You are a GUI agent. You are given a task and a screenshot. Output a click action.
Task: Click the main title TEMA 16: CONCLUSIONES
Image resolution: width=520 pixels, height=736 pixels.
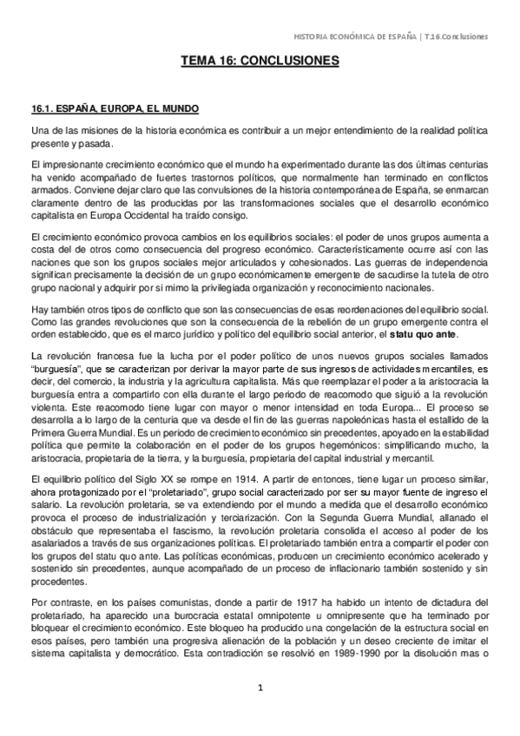click(x=260, y=62)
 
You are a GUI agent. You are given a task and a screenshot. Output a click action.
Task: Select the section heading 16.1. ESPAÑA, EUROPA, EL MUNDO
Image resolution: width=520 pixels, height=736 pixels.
click(x=115, y=108)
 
